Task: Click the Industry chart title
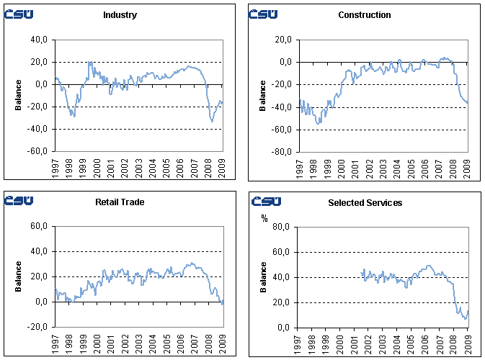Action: pos(120,15)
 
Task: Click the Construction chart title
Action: pos(364,15)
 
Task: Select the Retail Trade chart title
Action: pos(120,202)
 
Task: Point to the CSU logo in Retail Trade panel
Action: pos(19,201)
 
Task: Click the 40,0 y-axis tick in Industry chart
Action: pos(39,40)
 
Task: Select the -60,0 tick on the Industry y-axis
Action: pos(37,152)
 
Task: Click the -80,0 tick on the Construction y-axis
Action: pos(282,152)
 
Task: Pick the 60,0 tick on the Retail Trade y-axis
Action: pos(39,227)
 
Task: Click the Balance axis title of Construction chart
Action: pos(264,96)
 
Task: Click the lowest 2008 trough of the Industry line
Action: pos(212,121)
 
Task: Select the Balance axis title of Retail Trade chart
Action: pos(19,276)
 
